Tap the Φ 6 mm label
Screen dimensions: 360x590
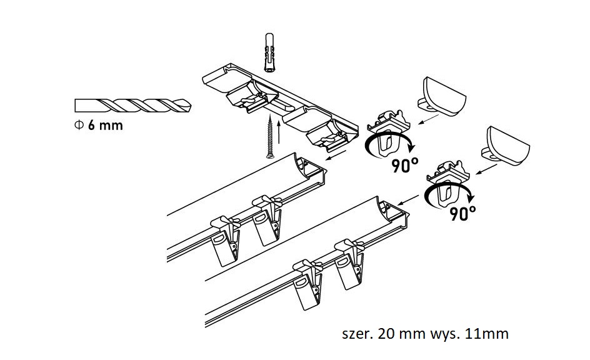pyautogui.click(x=98, y=125)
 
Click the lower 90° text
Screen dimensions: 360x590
pyautogui.click(x=462, y=214)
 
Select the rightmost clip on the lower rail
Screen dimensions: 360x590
pyautogui.click(x=349, y=263)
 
